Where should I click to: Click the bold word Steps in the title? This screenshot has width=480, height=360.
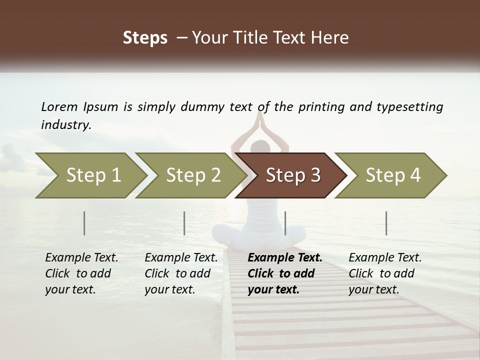coord(145,38)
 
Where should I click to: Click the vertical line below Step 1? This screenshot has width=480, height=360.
coord(84,223)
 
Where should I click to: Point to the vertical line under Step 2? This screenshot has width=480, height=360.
coord(184,223)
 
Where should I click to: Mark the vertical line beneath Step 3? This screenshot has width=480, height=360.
coord(285,223)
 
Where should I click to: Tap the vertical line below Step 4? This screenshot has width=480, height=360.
coord(386,223)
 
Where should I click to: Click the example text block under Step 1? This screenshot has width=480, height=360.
coord(81,273)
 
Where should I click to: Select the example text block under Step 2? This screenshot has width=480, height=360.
coord(181,273)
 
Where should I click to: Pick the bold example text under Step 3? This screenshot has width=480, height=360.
coord(285,273)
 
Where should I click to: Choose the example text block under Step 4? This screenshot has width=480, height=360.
coord(385,273)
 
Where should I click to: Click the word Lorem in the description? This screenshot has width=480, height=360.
coord(59,107)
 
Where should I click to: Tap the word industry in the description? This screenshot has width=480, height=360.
coord(65,125)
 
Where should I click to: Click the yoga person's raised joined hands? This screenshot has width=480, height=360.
coord(259,120)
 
